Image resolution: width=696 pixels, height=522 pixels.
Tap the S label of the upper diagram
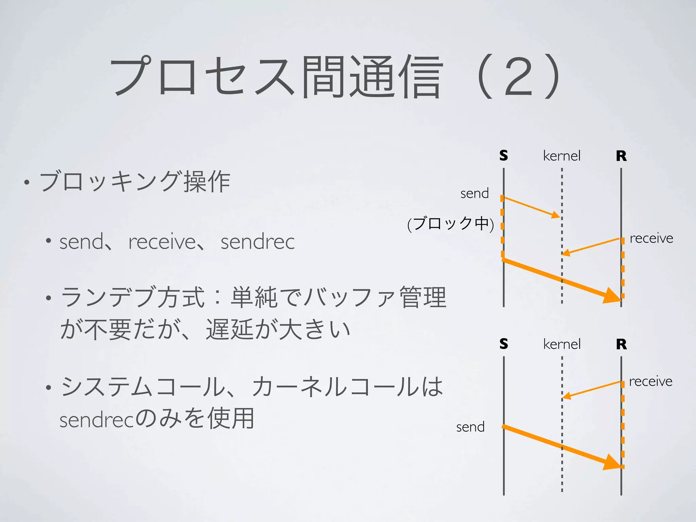[x=504, y=155]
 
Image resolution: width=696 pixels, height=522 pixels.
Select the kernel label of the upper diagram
[x=562, y=156]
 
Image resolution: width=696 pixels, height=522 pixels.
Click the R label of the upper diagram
[x=621, y=156]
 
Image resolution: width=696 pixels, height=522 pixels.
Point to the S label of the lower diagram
[x=504, y=344]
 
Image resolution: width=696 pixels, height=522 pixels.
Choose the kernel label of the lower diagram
[x=562, y=344]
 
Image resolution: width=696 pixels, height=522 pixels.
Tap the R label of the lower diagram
[x=621, y=344]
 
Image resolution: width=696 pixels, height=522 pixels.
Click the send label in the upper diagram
[x=474, y=193]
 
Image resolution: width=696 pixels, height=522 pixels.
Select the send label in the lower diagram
[x=470, y=427]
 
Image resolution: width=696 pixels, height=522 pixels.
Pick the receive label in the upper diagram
[x=651, y=238]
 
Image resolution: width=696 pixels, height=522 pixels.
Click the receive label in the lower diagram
[x=650, y=381]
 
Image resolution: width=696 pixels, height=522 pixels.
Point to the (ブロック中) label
[x=451, y=224]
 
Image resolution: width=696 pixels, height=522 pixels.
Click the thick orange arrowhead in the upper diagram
[x=612, y=295]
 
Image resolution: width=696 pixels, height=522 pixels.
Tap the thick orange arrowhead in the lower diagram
[x=612, y=463]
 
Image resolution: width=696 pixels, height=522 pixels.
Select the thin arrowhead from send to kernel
[x=556, y=215]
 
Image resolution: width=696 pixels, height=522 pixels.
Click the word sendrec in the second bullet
[x=258, y=242]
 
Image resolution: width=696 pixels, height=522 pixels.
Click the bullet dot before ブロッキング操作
[x=27, y=182]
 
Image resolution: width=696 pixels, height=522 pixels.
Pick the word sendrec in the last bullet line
[x=97, y=420]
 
